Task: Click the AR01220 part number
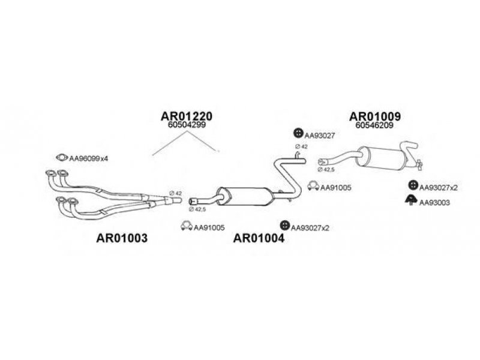pos(187,116)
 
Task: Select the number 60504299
pos(187,126)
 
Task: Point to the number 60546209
pos(374,126)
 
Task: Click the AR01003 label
pos(122,238)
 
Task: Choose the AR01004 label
pos(259,238)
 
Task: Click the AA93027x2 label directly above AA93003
pos(439,187)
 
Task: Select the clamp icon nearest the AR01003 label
pos(186,227)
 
